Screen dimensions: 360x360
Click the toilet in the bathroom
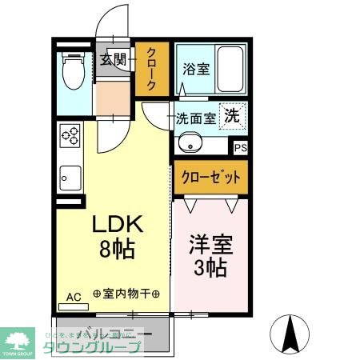pyautogui.click(x=74, y=71)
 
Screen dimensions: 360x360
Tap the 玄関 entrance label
pyautogui.click(x=113, y=59)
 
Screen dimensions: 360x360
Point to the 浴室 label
pyautogui.click(x=195, y=69)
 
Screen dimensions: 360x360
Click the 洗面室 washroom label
pyautogui.click(x=197, y=118)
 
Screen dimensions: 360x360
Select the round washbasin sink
pyautogui.click(x=190, y=144)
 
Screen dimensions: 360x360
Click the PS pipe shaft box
pyautogui.click(x=241, y=147)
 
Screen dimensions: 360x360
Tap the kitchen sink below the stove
pyautogui.click(x=69, y=176)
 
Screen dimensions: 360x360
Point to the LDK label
pyautogui.click(x=119, y=224)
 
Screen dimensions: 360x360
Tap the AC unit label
pyautogui.click(x=74, y=297)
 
